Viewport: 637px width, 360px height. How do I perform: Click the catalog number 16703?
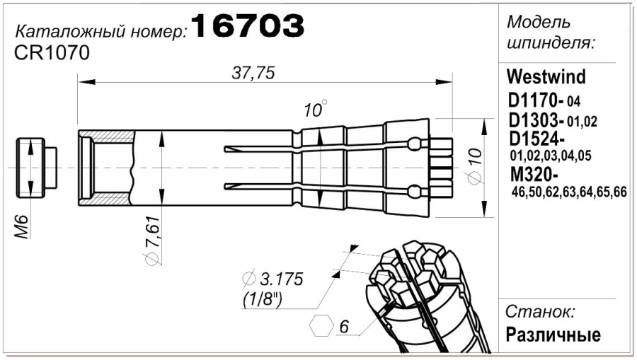coord(248,25)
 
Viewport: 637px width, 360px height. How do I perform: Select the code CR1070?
coord(52,53)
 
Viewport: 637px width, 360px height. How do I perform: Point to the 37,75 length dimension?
coord(253,73)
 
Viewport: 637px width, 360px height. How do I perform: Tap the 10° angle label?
coord(315,109)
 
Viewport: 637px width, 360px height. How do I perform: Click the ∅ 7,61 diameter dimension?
coord(153,241)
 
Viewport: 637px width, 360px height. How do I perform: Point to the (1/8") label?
coord(263,300)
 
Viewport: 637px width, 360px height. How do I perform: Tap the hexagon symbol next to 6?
coord(321,325)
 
